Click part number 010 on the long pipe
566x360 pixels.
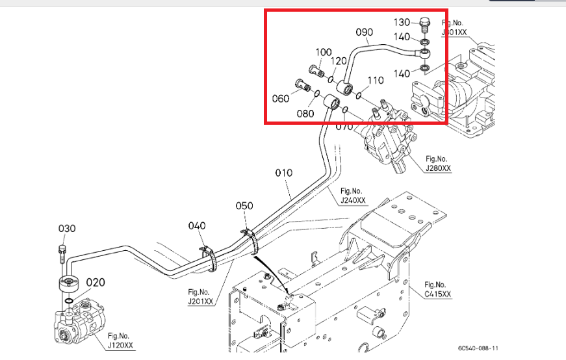coord(284,174)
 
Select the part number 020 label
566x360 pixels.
coord(95,282)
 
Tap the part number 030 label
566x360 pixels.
coord(68,228)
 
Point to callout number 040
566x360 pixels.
coord(197,225)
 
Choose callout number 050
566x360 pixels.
coord(244,205)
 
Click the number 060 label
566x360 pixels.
coord(281,99)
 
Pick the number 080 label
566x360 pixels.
coord(305,113)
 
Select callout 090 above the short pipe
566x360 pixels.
coord(365,32)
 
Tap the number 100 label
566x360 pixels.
coord(324,52)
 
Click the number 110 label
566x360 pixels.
coord(376,81)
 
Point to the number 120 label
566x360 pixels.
coord(339,61)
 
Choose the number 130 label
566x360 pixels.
coord(402,23)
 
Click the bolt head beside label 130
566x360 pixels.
coord(424,24)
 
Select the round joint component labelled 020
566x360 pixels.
coord(68,284)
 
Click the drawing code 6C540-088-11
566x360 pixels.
coord(478,348)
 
